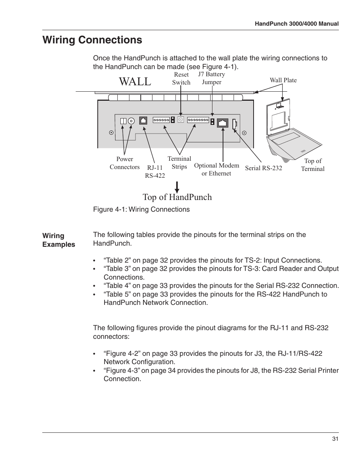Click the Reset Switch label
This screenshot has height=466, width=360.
(x=181, y=78)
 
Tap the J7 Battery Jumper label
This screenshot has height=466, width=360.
(x=211, y=78)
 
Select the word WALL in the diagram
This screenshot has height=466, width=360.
(x=135, y=81)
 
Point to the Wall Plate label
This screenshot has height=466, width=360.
(x=283, y=80)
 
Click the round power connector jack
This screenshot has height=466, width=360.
(x=131, y=121)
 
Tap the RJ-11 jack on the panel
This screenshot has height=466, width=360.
(x=143, y=120)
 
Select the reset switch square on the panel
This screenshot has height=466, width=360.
(x=180, y=120)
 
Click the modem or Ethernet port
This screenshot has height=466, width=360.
(x=223, y=123)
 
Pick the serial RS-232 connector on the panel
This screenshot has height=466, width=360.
(x=234, y=123)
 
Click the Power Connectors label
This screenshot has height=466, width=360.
(x=125, y=163)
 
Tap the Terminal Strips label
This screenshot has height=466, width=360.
(x=179, y=163)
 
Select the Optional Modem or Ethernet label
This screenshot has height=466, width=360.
(x=216, y=169)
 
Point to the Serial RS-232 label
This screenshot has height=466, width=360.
(x=263, y=168)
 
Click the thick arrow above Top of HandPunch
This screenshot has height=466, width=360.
(x=177, y=187)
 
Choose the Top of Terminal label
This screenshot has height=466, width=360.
(x=312, y=165)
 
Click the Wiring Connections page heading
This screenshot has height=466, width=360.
(x=92, y=40)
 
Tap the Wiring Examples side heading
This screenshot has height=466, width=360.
(x=58, y=240)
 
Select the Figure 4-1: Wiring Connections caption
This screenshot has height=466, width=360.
(x=141, y=209)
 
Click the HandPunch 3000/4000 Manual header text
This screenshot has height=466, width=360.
(x=297, y=24)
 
